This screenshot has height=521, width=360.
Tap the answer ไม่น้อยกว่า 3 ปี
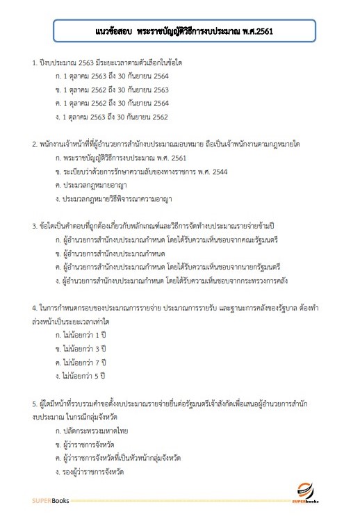(83, 348)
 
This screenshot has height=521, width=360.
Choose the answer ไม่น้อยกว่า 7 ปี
(83, 362)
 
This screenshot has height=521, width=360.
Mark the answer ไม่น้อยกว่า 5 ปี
(83, 376)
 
